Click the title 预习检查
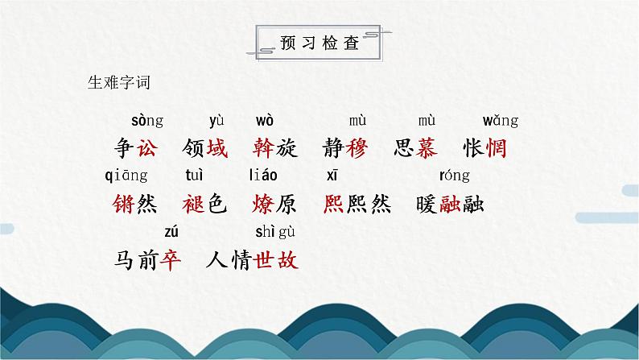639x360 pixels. click(319, 43)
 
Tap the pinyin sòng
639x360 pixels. click(146, 121)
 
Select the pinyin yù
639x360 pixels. click(216, 121)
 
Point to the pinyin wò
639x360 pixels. click(265, 121)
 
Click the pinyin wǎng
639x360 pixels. click(500, 121)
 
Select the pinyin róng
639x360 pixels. click(455, 176)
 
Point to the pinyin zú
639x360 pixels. click(171, 232)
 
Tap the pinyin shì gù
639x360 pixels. click(275, 232)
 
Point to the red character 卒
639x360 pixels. click(171, 260)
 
